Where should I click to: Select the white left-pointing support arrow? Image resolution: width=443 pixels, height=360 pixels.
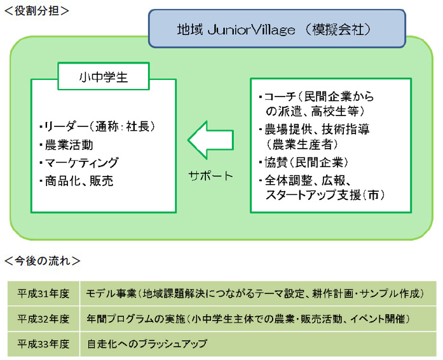pos(210,141)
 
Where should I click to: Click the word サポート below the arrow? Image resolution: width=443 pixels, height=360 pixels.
pos(211,176)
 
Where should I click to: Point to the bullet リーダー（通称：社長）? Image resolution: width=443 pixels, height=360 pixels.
pos(97,126)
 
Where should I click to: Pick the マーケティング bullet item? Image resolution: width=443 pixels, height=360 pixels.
pos(80,163)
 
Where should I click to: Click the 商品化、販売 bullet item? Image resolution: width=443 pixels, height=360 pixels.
pos(78,181)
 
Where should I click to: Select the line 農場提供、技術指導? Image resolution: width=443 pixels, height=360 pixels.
pos(315,129)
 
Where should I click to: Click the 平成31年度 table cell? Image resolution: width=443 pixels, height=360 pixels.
pos(43,293)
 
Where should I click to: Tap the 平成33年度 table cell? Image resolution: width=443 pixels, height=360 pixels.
pos(43,343)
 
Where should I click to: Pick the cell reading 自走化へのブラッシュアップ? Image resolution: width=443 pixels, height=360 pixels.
pos(147,343)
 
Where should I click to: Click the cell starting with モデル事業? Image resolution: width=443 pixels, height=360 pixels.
pos(254,293)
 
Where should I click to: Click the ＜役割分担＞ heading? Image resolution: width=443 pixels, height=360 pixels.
pos(36,10)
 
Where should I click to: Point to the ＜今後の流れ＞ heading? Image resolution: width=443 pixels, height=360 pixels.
pos(42,260)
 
